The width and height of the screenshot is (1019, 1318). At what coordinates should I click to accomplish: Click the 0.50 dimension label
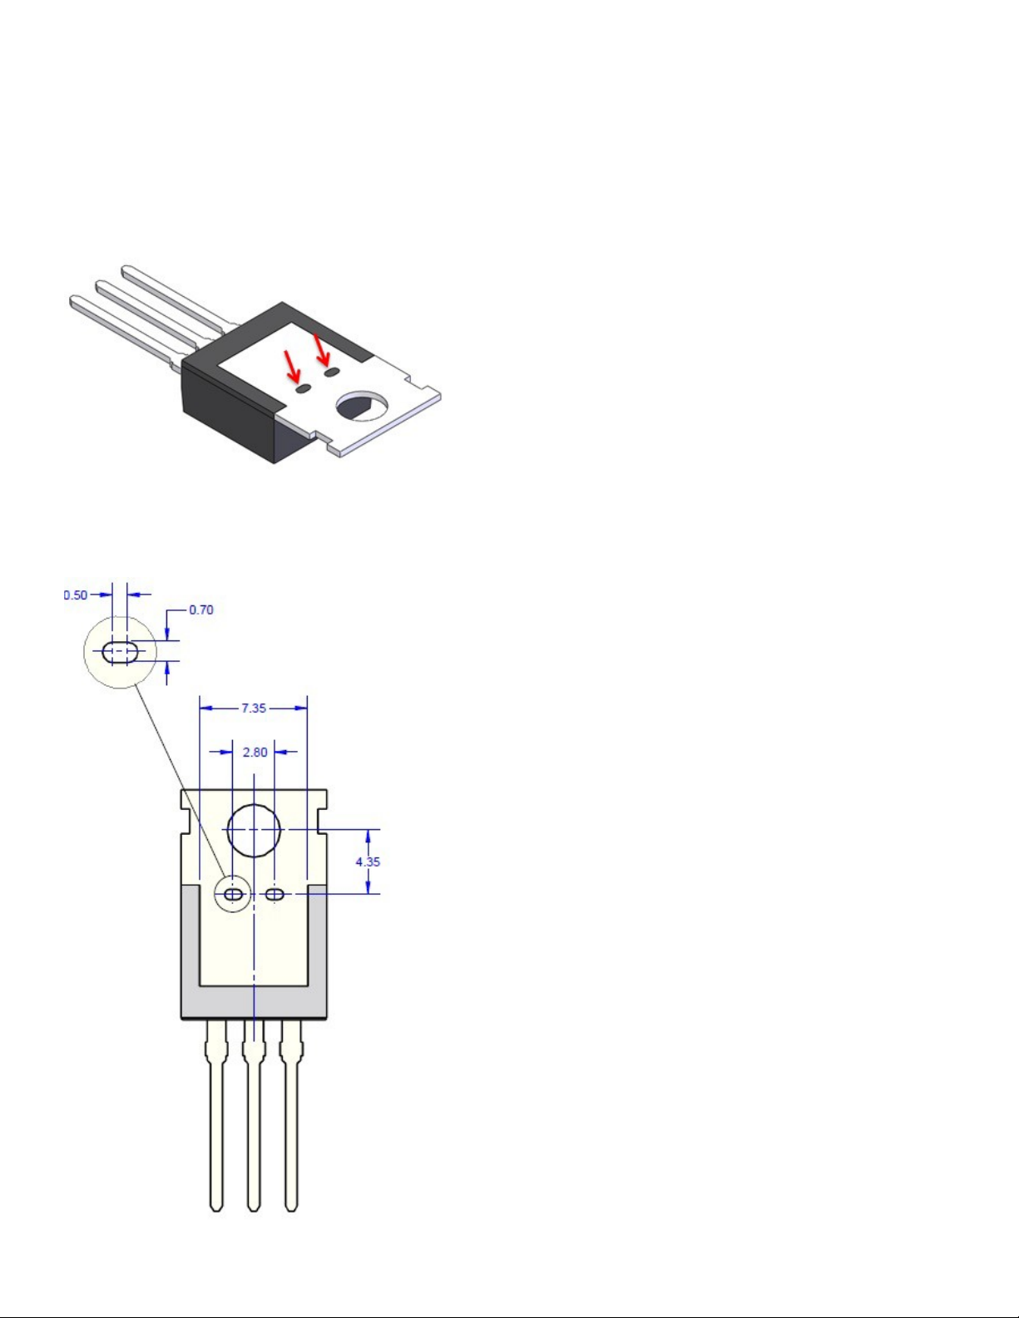(76, 595)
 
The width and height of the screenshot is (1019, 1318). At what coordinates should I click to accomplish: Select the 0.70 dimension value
(201, 610)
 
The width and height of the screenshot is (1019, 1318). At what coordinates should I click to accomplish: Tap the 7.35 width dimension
(254, 708)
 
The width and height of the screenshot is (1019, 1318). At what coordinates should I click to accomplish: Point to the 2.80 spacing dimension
(255, 752)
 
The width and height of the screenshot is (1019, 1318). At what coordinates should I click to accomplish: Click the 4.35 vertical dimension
(368, 861)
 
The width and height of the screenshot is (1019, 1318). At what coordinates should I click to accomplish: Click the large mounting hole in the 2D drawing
(255, 831)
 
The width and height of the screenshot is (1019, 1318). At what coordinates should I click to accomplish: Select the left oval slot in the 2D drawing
(233, 894)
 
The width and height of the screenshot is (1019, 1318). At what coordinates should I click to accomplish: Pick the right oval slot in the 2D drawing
(275, 894)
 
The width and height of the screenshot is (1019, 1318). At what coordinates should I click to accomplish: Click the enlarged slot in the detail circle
(120, 652)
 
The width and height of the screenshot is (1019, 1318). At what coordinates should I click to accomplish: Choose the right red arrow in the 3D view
(321, 350)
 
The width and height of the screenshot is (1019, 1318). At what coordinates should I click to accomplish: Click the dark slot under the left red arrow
(304, 389)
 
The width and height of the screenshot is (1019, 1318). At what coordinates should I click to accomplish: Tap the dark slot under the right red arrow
(331, 372)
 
